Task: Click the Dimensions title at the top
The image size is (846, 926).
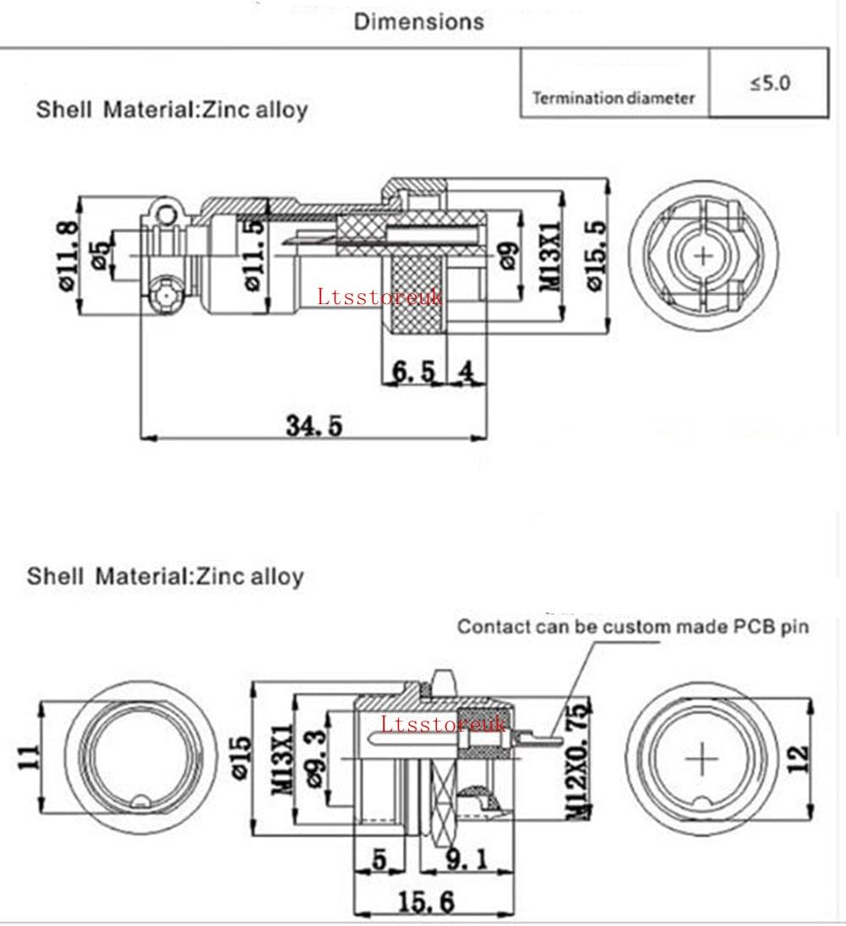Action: (x=419, y=22)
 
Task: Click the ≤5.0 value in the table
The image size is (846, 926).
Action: (x=768, y=84)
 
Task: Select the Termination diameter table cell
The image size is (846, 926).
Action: (x=614, y=98)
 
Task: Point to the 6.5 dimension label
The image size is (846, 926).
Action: (x=414, y=372)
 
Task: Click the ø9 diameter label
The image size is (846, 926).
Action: (x=509, y=254)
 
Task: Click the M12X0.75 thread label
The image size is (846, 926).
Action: (x=576, y=760)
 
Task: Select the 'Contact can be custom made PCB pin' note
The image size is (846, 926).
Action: (x=633, y=627)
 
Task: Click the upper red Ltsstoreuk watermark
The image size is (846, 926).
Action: (x=380, y=297)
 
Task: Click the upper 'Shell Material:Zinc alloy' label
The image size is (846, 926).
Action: (x=172, y=109)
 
